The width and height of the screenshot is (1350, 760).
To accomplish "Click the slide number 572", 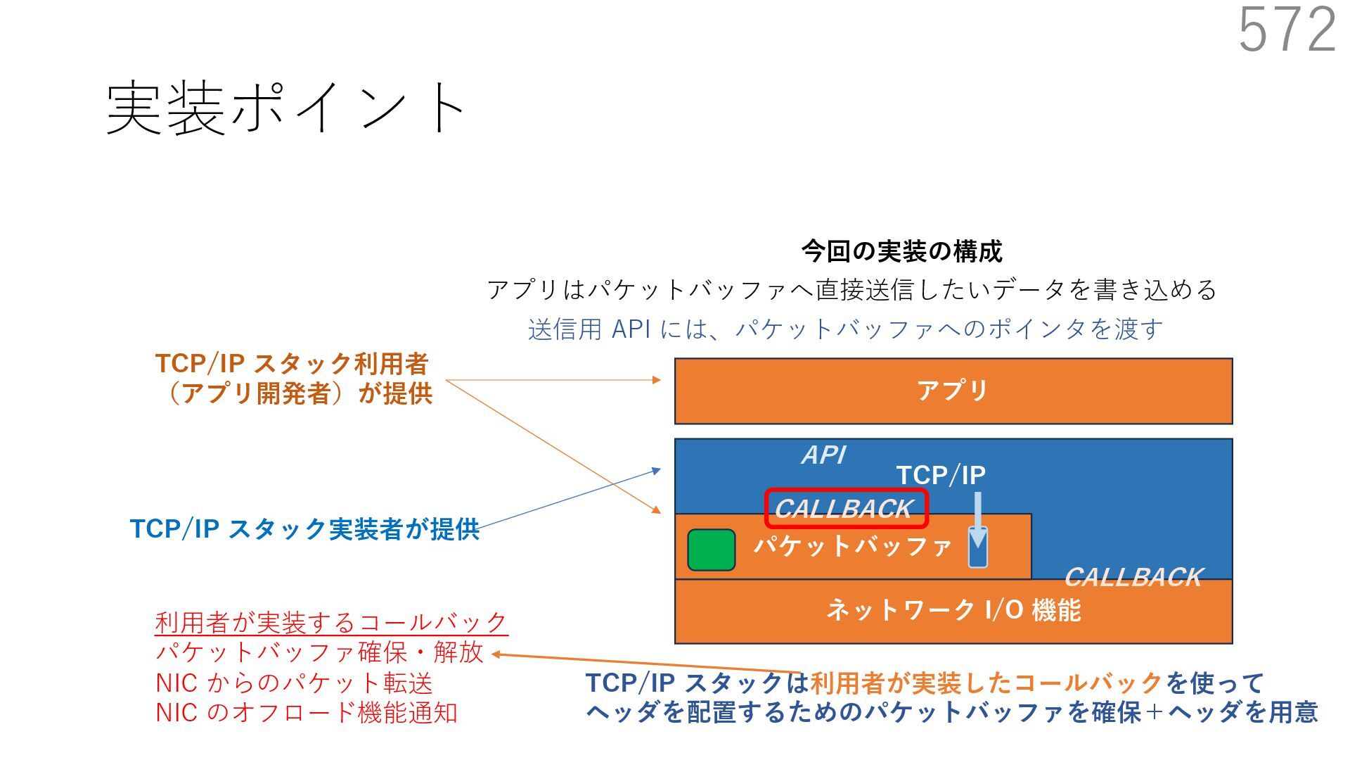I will coord(1287,30).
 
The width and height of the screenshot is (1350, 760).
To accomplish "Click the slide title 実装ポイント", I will coord(285,107).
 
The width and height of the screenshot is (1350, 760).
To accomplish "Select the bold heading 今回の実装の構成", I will coord(901,251).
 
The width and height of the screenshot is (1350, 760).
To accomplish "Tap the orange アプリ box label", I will coord(953,391).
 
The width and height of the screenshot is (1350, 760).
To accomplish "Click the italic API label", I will coord(823,455).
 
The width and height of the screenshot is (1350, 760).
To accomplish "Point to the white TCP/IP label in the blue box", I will coord(941,475).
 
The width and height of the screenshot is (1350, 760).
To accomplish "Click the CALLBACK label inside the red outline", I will coord(844,508).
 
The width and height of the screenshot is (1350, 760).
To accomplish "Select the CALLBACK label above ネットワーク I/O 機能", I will coord(1133,577).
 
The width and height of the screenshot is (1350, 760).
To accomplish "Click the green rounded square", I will coord(711,550).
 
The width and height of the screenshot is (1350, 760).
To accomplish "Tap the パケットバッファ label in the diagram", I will coord(852,546).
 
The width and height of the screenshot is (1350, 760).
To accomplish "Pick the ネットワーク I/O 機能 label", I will coord(953,610).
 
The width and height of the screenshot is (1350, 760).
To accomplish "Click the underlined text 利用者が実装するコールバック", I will coord(330,623).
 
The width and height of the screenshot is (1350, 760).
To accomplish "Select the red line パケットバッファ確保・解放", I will coord(319,652).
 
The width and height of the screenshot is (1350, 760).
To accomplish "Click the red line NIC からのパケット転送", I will coord(294,683).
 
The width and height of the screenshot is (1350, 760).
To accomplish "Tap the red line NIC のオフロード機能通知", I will coord(307,713).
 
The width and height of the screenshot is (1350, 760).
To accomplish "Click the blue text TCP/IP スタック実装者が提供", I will coord(304,529).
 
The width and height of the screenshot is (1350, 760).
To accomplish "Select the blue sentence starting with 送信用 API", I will coord(845,329).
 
